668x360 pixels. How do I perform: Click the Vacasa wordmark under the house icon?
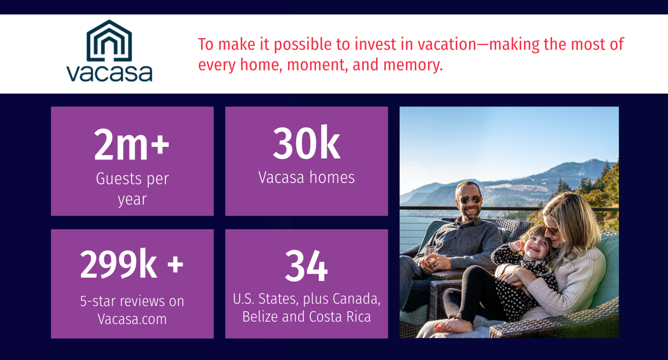(x=109, y=73)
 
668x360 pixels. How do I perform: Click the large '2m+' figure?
(x=131, y=144)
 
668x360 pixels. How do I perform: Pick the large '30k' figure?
(x=306, y=143)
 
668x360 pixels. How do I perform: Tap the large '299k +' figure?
(x=132, y=264)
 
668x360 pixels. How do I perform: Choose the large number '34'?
(x=306, y=266)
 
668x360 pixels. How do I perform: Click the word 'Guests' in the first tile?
(x=119, y=179)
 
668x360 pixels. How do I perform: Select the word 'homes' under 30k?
(x=332, y=177)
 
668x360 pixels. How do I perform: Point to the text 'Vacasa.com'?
(x=132, y=319)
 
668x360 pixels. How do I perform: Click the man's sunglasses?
(x=469, y=199)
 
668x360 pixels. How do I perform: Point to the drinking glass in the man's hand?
(x=430, y=253)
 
